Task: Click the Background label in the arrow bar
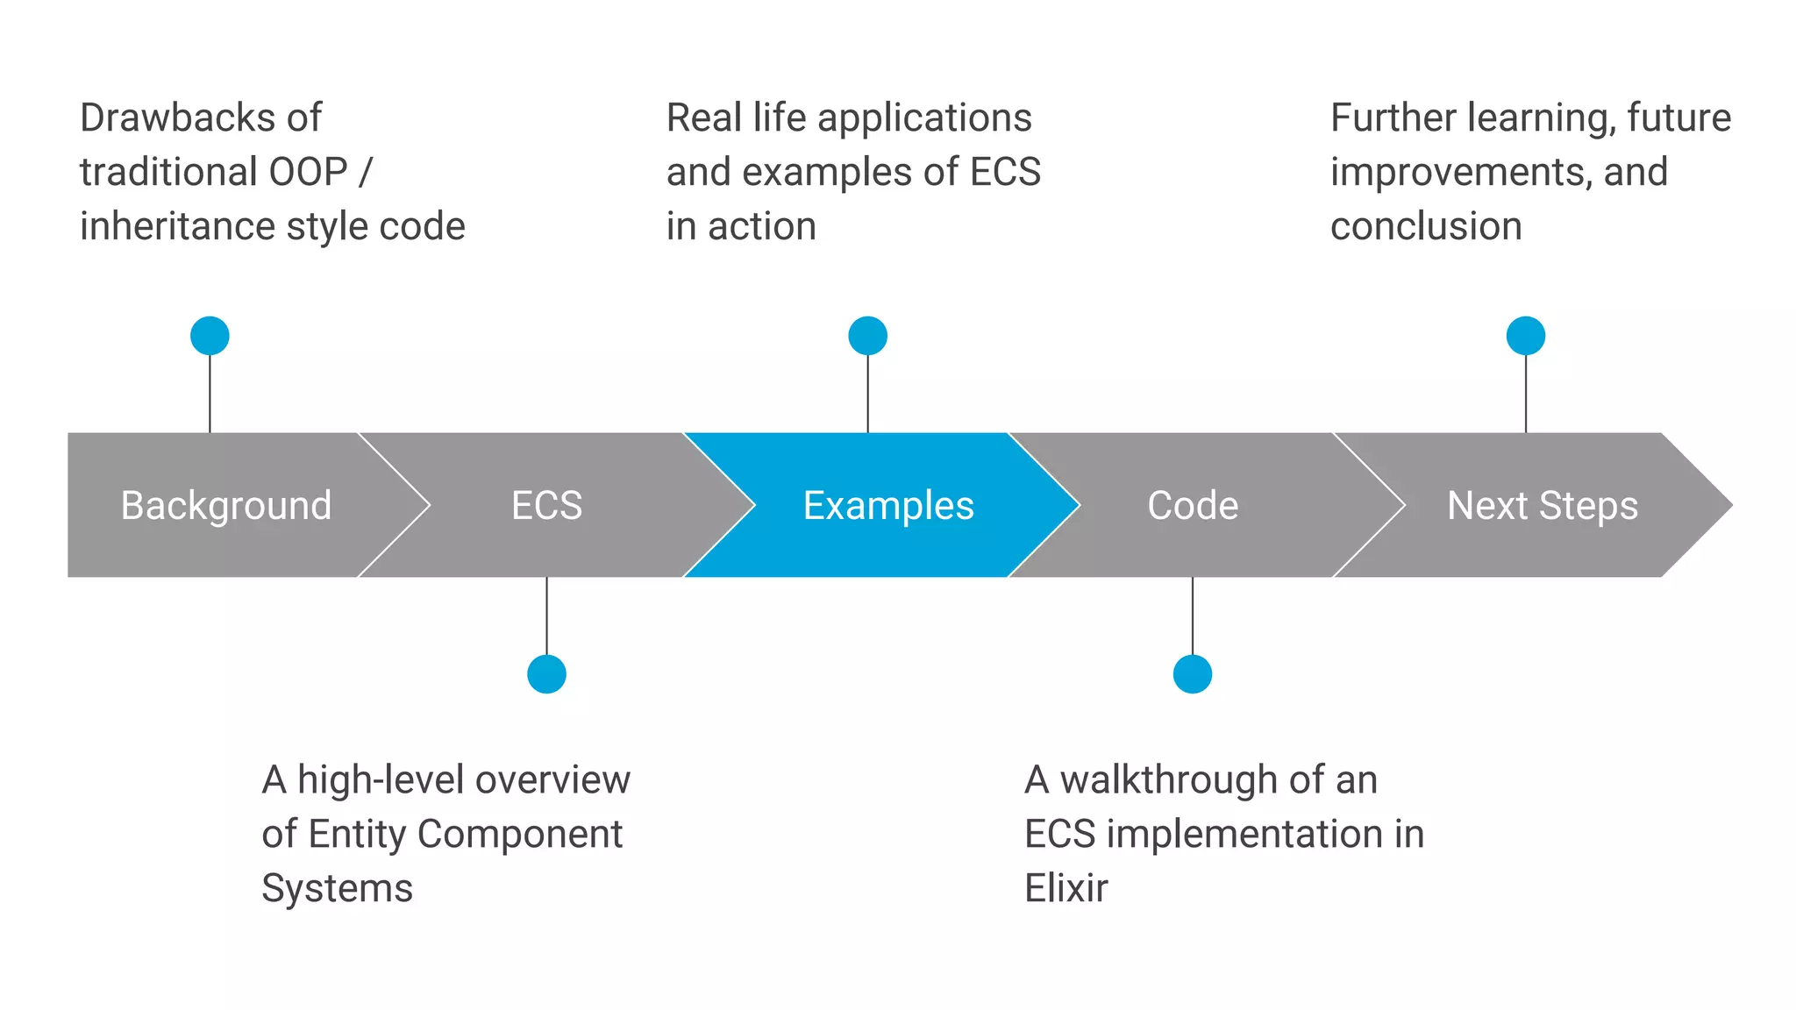226,506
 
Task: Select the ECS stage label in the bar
546,506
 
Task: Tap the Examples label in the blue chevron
888,506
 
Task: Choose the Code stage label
1193,506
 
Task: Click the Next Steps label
1542,506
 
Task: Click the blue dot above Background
210,336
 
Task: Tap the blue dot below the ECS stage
546,674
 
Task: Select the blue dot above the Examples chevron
867,336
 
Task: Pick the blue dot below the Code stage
1192,674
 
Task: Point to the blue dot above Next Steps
1525,336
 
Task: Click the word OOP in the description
308,172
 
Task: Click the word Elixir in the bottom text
1065,888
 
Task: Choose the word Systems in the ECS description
337,888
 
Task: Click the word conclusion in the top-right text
1426,226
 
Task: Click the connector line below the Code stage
1192,615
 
